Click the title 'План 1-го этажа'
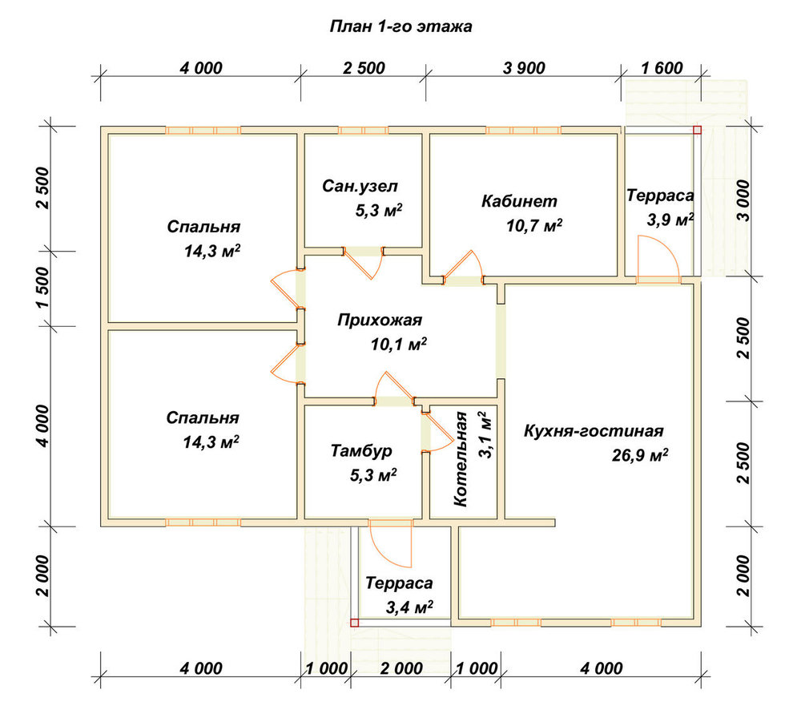400,26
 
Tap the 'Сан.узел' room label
360,186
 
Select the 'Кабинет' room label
519,201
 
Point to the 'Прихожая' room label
380,321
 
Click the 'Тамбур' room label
361,450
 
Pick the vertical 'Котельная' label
461,459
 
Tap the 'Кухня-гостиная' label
594,431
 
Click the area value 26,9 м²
639,454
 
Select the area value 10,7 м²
534,225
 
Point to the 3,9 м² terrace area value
670,220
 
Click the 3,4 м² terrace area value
409,607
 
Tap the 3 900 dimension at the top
524,68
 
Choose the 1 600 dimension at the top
662,68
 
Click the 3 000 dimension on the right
744,200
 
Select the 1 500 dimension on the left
43,287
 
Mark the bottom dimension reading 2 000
401,668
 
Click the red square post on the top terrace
697,131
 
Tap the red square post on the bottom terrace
355,623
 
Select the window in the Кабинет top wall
523,131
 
